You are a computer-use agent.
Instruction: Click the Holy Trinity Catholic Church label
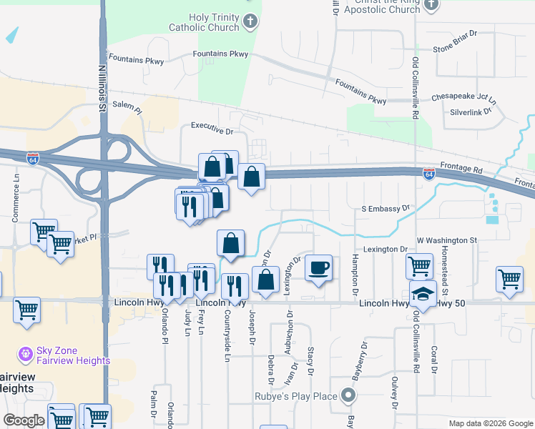(204, 22)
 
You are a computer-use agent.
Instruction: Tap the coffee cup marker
(318, 267)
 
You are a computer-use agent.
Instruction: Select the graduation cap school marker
(423, 295)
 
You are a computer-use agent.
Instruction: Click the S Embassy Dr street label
(384, 208)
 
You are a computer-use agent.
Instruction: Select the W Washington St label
(447, 240)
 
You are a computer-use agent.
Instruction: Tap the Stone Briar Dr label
(455, 49)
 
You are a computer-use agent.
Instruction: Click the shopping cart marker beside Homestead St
(509, 279)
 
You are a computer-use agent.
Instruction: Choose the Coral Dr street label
(434, 360)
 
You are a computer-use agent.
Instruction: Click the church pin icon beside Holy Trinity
(250, 21)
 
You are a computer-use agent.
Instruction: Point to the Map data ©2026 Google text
(491, 423)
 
